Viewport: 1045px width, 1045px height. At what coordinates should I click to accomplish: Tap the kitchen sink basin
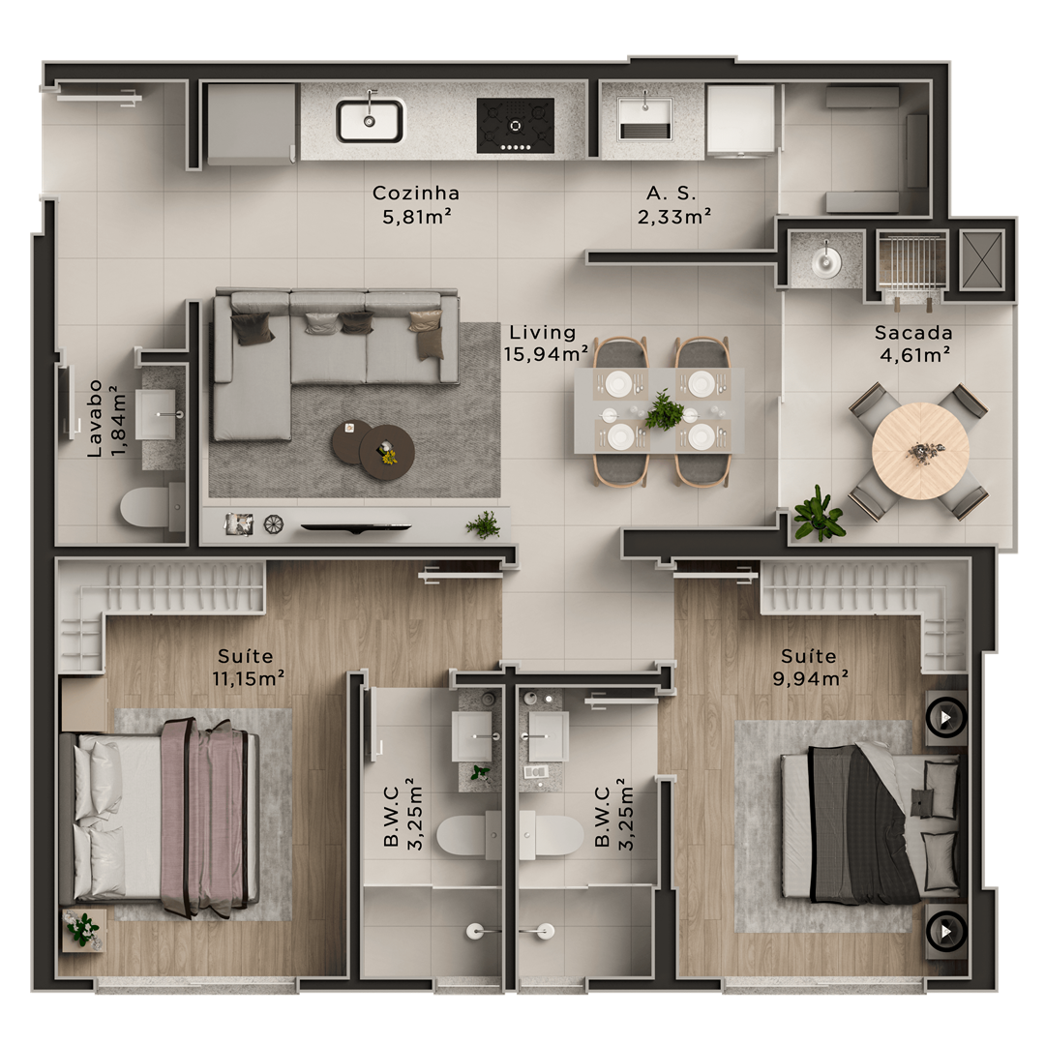[x=370, y=121]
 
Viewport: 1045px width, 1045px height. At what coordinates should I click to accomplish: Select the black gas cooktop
[x=515, y=125]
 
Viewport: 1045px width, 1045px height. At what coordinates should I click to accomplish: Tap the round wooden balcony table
[x=920, y=451]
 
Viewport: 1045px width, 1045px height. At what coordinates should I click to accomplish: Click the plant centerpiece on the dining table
[x=664, y=411]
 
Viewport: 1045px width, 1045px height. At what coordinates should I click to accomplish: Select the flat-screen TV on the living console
[x=356, y=528]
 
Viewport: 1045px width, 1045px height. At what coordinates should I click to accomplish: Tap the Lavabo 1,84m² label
[x=106, y=419]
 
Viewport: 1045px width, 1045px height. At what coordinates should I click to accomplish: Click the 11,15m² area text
[x=249, y=679]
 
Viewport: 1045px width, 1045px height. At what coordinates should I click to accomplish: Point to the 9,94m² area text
[x=811, y=679]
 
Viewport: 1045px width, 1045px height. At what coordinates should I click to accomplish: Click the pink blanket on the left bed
[x=203, y=819]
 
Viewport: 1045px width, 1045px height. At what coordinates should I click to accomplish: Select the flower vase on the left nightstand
[x=82, y=929]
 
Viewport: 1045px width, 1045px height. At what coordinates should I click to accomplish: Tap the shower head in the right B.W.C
[x=545, y=931]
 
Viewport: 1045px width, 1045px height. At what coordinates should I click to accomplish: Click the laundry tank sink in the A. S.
[x=644, y=119]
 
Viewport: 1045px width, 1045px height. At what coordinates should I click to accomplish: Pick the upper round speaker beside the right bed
[x=945, y=718]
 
